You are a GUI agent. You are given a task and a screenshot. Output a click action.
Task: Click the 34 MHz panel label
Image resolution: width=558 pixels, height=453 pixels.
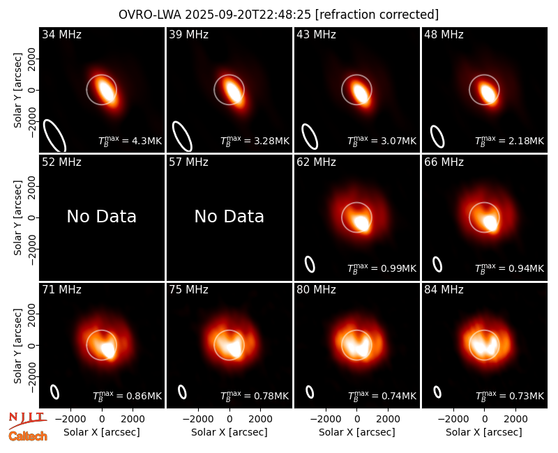pos(61,34)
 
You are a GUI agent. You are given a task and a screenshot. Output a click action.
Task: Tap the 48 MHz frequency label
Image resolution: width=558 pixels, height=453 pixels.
pos(444,34)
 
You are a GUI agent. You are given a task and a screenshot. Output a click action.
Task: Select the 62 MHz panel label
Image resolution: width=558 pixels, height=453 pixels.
pos(316,162)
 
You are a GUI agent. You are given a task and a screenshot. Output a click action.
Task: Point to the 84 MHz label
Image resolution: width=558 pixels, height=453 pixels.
pos(444,290)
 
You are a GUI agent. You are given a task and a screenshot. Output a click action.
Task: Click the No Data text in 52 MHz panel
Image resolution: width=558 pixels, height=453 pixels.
pos(102,216)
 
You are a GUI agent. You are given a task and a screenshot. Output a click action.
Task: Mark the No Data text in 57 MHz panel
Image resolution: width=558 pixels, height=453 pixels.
pos(229,216)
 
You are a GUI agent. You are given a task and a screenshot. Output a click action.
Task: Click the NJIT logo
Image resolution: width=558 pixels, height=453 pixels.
pos(27,420)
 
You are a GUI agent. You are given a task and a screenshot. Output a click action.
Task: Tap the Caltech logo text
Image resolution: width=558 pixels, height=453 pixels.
pos(28,436)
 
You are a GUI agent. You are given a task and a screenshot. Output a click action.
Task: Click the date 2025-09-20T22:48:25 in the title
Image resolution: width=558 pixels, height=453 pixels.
pos(248,15)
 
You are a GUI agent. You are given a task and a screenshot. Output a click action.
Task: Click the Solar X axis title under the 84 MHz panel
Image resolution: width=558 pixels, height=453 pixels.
pos(484,432)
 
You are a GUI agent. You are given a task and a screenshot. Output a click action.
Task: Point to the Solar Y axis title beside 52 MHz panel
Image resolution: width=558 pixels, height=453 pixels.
pos(17,217)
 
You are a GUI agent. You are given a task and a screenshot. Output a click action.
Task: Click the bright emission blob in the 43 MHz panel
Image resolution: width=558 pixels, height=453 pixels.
pos(360,92)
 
